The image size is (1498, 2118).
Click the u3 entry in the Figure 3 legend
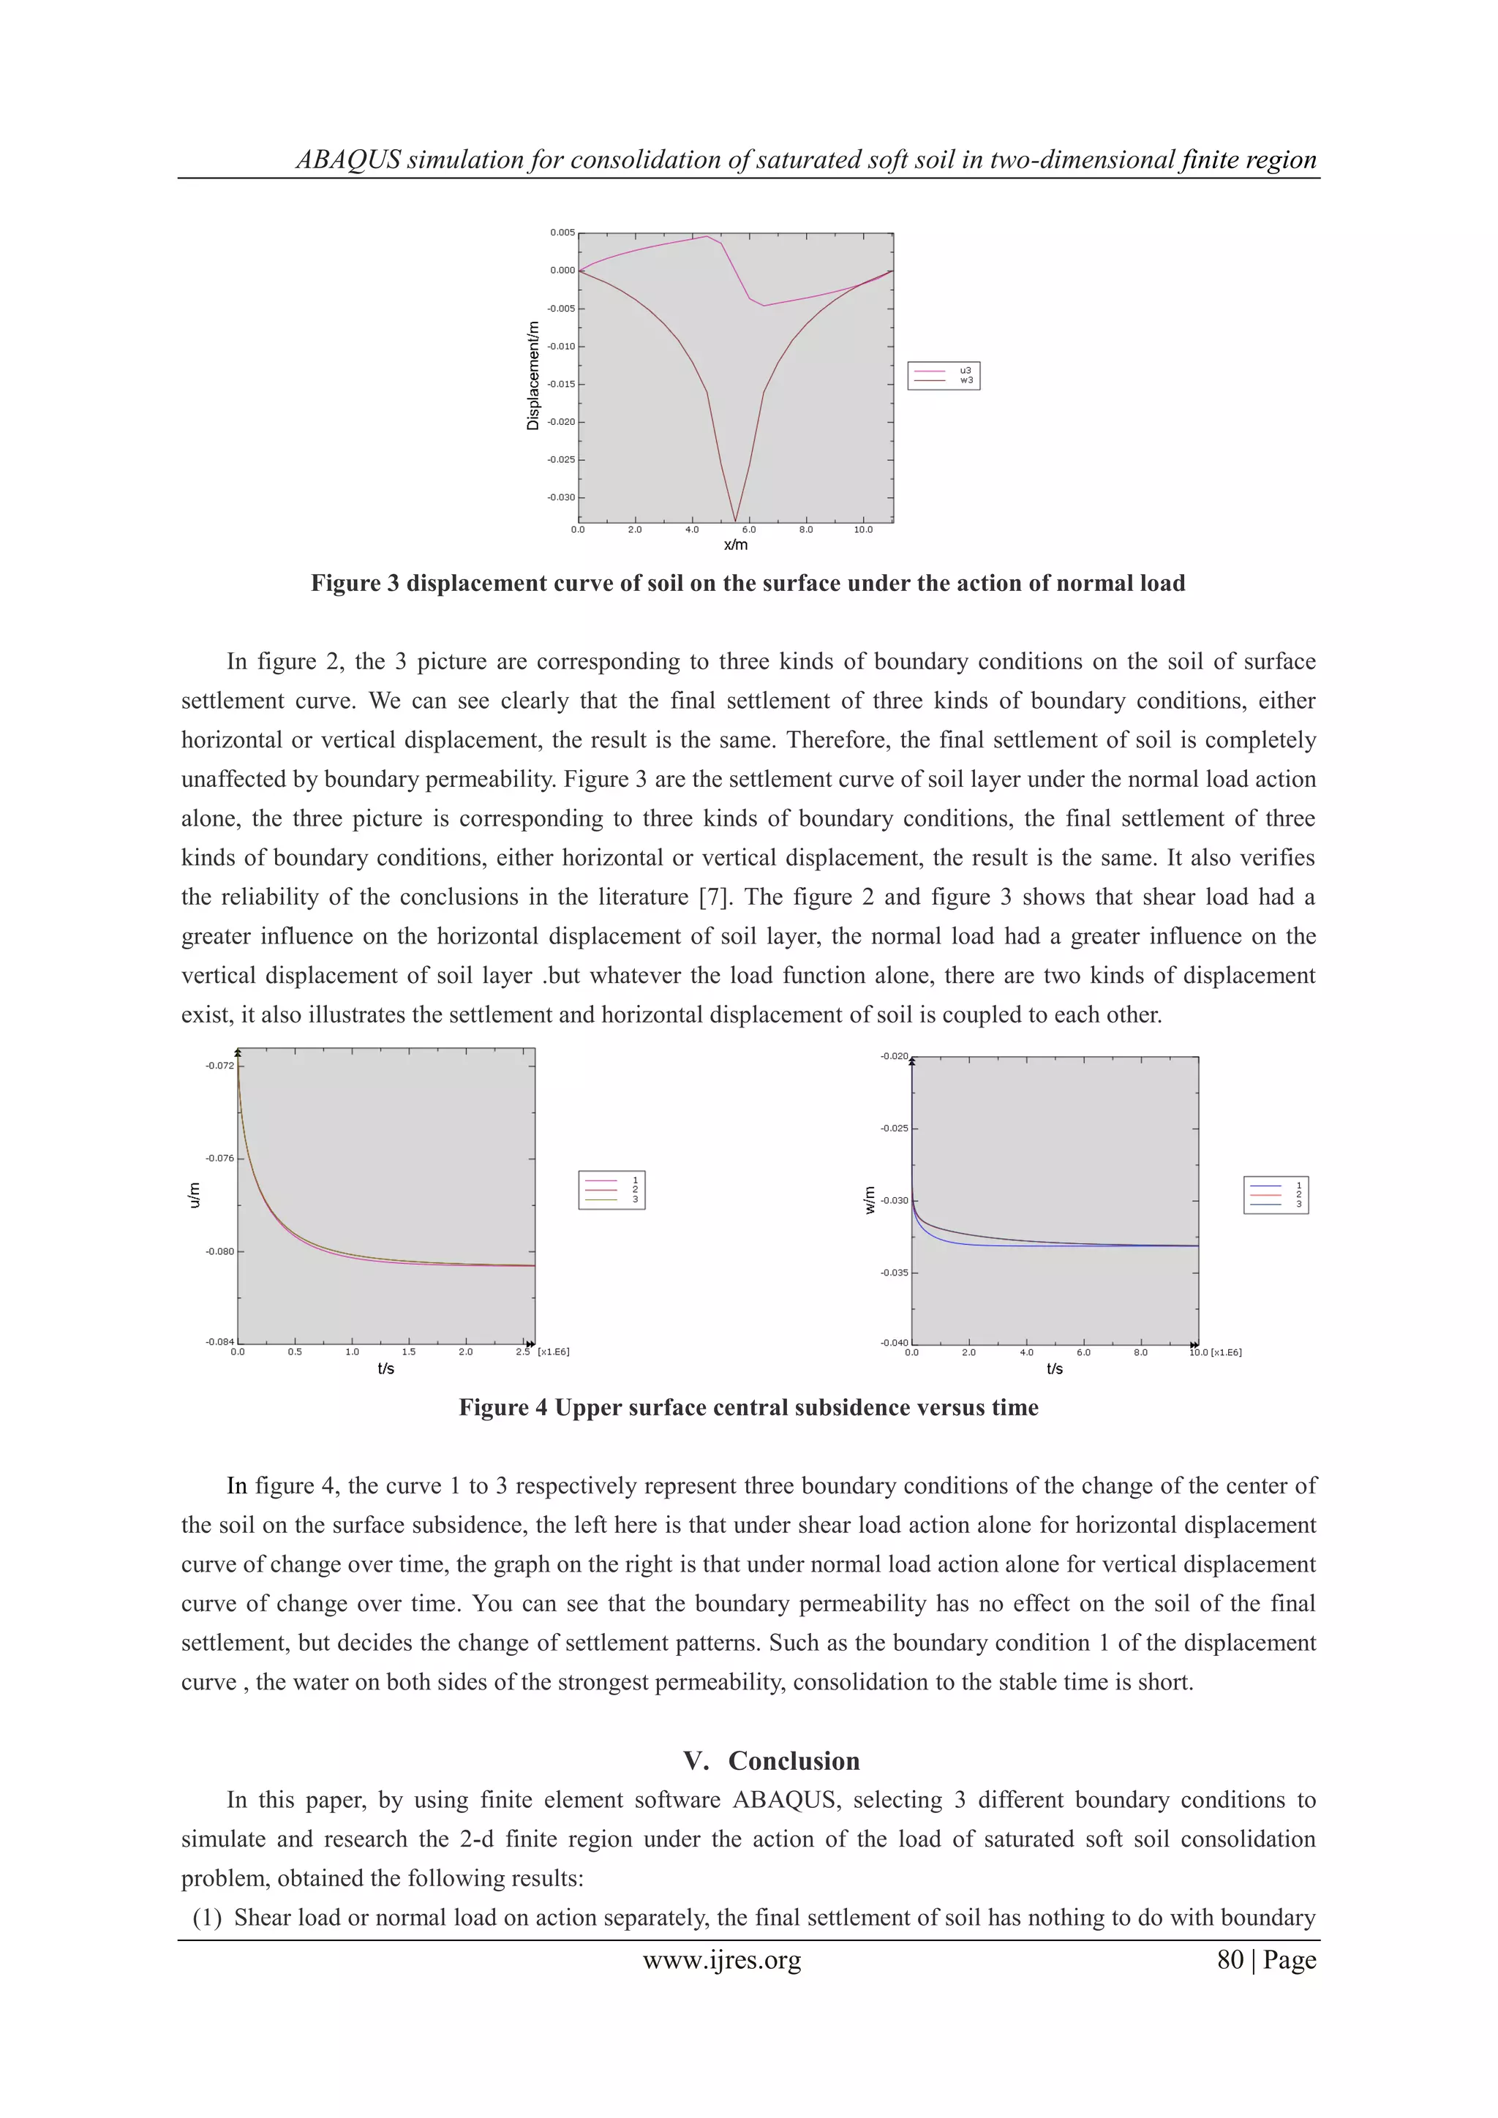coord(965,370)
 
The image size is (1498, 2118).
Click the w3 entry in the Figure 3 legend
coord(966,380)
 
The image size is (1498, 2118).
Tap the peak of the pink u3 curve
coord(707,236)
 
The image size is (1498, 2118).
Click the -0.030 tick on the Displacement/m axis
coord(562,497)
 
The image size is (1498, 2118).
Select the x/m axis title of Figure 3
coord(735,545)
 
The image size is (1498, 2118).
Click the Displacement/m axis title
coord(532,375)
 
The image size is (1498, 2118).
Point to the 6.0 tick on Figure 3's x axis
coord(749,530)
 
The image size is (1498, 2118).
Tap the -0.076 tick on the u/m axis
coord(219,1158)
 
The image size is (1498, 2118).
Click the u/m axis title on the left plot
coord(194,1196)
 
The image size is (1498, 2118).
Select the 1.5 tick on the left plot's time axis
coord(409,1352)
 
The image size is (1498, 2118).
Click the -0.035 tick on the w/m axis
coord(894,1273)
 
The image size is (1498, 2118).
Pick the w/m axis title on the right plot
coord(870,1200)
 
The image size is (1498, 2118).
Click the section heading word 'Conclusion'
coord(794,1761)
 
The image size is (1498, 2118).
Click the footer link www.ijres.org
coord(721,1960)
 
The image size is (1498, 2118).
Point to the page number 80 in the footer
coord(1230,1960)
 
